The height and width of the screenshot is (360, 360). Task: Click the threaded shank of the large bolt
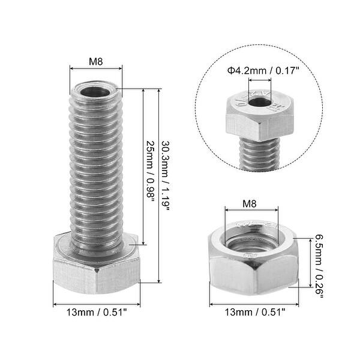(96, 168)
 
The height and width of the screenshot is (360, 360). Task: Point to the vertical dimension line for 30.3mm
(158, 186)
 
